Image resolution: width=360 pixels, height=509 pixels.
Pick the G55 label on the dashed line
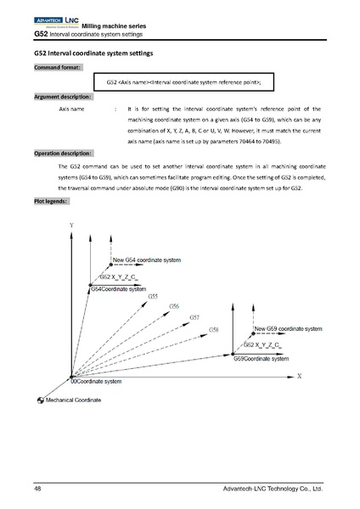click(x=153, y=296)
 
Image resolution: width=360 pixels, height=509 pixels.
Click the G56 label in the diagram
click(x=173, y=306)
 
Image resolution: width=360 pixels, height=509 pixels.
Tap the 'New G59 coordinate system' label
click(x=288, y=327)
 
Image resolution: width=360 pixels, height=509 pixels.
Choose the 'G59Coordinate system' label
click(x=262, y=359)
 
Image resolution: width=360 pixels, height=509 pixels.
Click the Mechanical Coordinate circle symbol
click(x=40, y=400)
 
